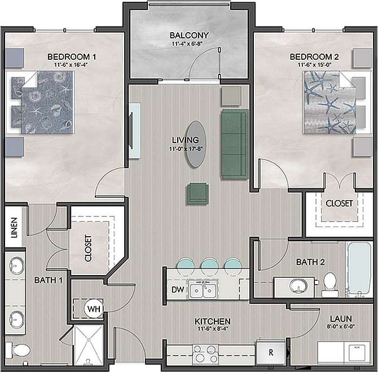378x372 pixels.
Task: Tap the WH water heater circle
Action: (x=94, y=308)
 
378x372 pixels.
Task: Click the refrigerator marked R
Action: (x=271, y=353)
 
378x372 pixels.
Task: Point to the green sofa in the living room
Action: (x=234, y=144)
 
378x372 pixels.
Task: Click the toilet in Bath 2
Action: (x=329, y=285)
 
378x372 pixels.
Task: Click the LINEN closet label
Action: (x=14, y=228)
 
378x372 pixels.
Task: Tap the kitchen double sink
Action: (x=203, y=290)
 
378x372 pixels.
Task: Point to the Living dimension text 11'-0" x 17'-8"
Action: (x=186, y=149)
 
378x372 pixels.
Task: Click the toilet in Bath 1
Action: (x=20, y=351)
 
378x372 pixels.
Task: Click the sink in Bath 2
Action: (x=297, y=286)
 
